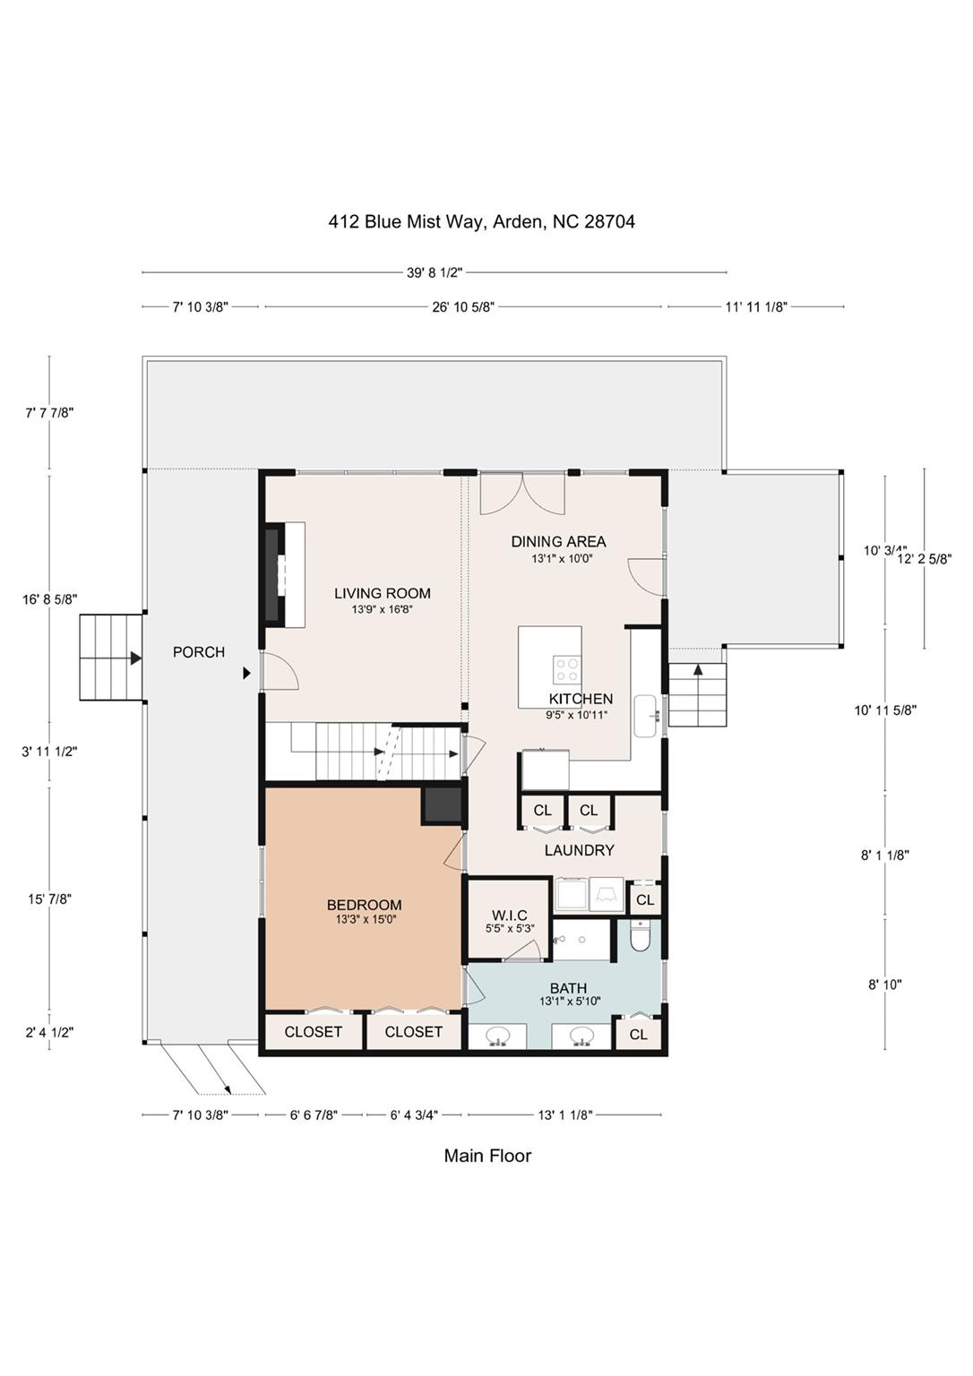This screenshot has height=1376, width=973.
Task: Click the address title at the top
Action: (x=481, y=221)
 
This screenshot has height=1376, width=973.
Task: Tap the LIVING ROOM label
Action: (x=382, y=593)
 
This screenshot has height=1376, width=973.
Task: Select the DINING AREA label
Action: (x=558, y=541)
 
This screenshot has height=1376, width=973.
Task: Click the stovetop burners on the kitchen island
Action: (x=566, y=666)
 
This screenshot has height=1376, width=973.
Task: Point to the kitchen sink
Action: (x=646, y=715)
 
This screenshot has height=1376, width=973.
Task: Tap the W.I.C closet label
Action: (x=509, y=915)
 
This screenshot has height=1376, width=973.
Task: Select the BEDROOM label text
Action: (x=364, y=905)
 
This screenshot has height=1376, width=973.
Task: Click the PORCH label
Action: (x=199, y=652)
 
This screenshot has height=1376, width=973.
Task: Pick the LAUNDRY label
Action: (x=579, y=850)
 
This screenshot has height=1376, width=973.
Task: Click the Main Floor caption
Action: (x=487, y=1156)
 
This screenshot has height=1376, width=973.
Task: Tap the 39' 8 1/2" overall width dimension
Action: (x=435, y=272)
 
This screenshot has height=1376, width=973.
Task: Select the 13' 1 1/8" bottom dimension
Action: (x=564, y=1115)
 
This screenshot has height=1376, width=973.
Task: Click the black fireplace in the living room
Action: (x=271, y=576)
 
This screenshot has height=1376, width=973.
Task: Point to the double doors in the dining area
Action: (x=522, y=494)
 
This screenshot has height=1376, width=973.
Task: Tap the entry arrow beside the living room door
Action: (x=246, y=673)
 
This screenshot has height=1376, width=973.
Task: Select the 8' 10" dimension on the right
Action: (x=884, y=985)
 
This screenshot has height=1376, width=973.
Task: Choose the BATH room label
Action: (x=568, y=988)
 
